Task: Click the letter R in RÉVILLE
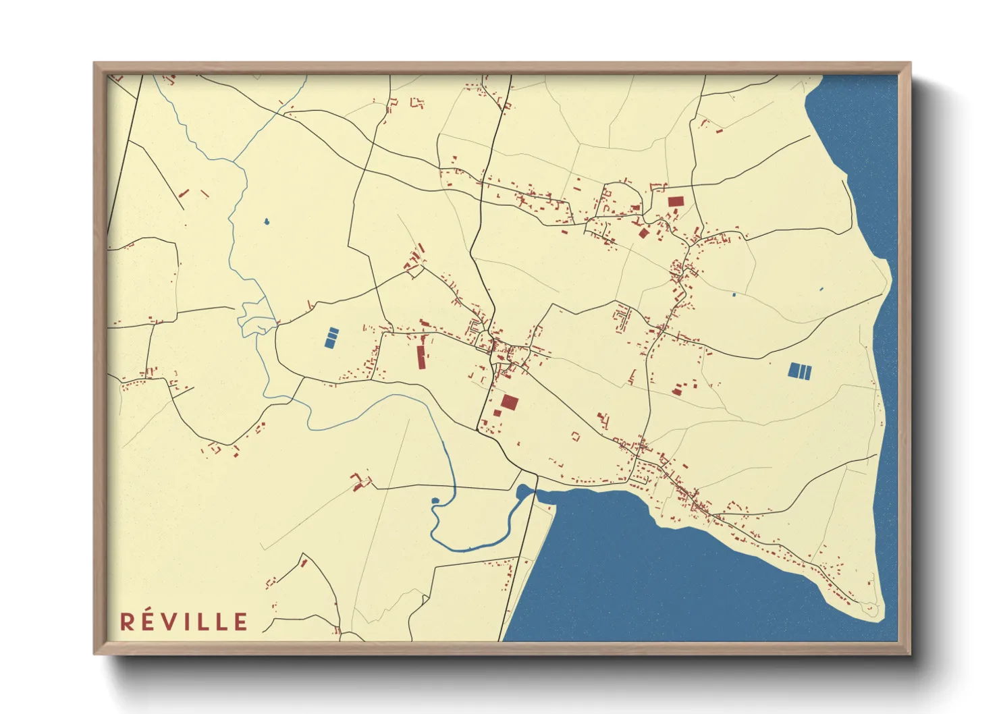pos(127,622)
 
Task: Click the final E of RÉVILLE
pos(241,622)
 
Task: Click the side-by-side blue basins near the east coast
pos(800,370)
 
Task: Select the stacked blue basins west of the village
pos(331,337)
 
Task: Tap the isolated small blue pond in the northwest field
pos(267,221)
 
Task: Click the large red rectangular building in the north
pos(676,201)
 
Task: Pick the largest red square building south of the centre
pos(510,403)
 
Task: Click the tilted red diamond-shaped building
pos(643,234)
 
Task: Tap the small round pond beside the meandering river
pos(435,501)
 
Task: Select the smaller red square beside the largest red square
pos(497,412)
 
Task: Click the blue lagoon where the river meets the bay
pos(524,491)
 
